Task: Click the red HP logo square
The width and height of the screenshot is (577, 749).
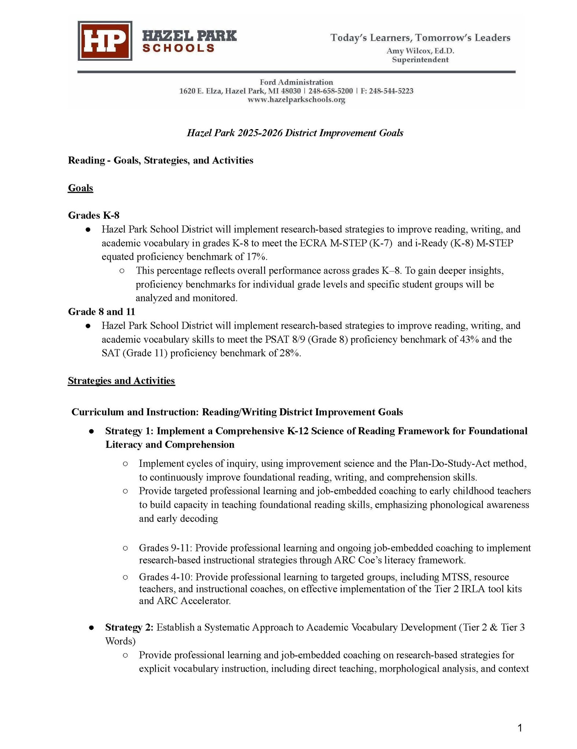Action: [x=105, y=41]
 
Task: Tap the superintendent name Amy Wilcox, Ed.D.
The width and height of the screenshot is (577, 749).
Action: [x=420, y=51]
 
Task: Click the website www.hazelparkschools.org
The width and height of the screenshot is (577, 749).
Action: [x=296, y=100]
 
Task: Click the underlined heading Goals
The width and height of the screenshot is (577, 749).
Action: [x=81, y=188]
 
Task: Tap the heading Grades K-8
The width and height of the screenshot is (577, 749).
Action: [x=94, y=215]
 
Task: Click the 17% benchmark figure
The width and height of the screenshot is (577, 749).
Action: [x=256, y=256]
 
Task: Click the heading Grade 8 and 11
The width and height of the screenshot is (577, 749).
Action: [x=101, y=311]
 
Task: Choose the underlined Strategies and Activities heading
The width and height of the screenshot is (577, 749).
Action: [x=121, y=381]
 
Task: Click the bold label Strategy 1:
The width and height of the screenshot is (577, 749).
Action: [x=129, y=431]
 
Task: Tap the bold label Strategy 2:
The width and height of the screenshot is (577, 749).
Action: [x=129, y=628]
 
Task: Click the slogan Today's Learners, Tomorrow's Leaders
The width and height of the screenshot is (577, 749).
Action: [x=420, y=38]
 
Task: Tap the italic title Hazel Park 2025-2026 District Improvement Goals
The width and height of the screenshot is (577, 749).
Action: [x=295, y=132]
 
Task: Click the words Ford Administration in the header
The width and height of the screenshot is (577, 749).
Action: [x=296, y=82]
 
